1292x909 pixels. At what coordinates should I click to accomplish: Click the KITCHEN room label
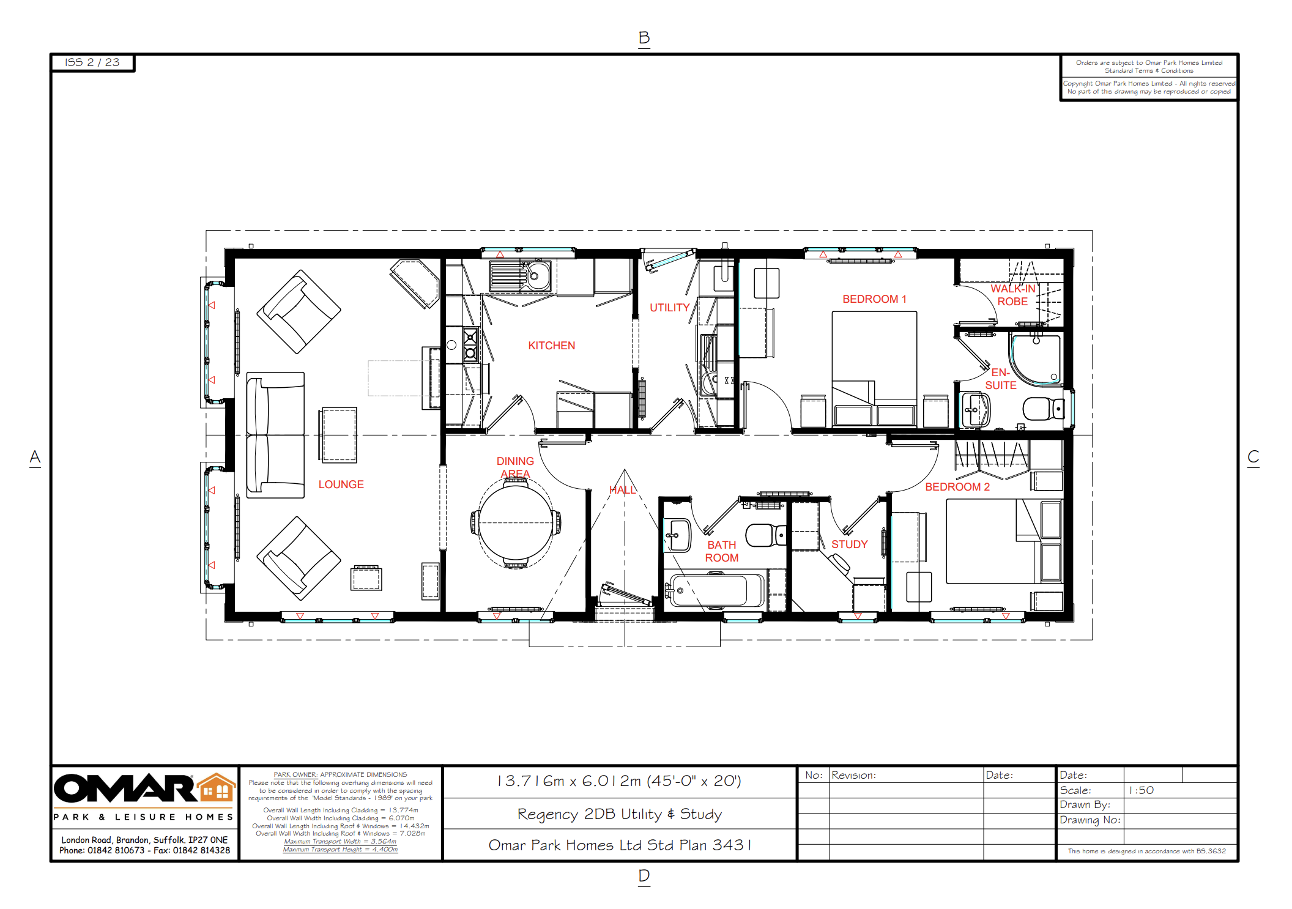(551, 346)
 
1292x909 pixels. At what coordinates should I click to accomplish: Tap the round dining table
(516, 523)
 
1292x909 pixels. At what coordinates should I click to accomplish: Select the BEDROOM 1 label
(874, 299)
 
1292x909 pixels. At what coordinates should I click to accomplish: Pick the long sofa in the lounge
(275, 435)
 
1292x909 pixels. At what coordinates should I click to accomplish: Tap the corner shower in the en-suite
(1036, 359)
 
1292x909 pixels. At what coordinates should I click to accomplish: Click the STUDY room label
(849, 544)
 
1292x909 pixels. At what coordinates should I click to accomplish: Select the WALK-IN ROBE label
(1012, 295)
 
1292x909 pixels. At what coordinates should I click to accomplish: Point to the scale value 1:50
(1141, 790)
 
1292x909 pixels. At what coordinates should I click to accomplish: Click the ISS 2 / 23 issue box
(92, 62)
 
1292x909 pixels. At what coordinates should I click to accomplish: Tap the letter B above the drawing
(644, 38)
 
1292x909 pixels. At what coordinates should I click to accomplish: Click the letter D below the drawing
(644, 876)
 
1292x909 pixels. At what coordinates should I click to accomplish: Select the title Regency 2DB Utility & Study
(619, 814)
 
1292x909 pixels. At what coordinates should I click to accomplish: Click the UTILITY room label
(669, 308)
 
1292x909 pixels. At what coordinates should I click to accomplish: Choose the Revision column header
(853, 775)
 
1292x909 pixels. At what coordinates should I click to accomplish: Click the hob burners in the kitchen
(470, 345)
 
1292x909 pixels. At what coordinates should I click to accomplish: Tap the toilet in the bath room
(763, 535)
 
